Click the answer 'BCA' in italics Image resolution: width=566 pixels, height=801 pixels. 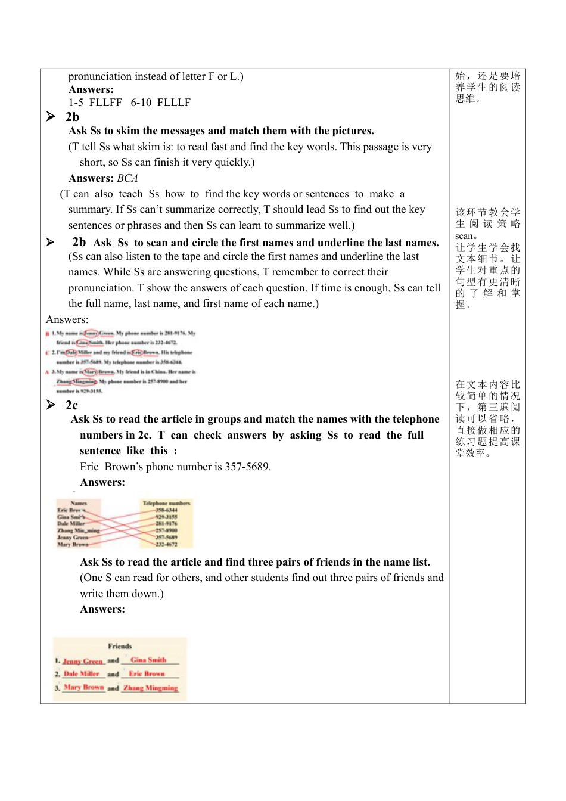tap(127, 178)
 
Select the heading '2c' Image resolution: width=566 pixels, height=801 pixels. tap(71, 405)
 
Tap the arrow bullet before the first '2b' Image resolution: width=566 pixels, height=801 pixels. tap(51, 116)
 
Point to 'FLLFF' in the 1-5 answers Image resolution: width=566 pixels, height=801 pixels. tap(105, 103)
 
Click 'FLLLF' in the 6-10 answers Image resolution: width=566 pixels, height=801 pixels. tap(174, 103)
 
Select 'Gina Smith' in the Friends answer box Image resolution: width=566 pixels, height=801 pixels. tap(148, 660)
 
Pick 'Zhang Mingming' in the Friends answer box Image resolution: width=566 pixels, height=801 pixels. tap(151, 688)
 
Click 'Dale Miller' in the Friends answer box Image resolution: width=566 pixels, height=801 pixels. tap(82, 674)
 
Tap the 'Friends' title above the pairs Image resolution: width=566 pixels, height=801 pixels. tap(120, 646)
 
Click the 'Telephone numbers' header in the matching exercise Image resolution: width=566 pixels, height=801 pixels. tap(166, 503)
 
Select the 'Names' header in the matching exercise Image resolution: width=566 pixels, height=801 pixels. tap(79, 503)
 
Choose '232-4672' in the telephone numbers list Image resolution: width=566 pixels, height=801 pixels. tap(166, 544)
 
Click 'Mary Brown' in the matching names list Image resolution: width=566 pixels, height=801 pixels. tap(73, 544)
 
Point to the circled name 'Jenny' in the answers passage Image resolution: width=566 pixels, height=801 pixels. tap(91, 333)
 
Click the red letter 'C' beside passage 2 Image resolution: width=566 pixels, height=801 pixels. tap(47, 352)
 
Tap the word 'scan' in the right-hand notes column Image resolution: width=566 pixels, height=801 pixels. tap(464, 236)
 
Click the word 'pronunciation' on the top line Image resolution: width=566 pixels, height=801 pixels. tap(100, 76)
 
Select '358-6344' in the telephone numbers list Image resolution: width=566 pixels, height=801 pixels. tap(166, 510)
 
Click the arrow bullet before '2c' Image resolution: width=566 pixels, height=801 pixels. tap(51, 405)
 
